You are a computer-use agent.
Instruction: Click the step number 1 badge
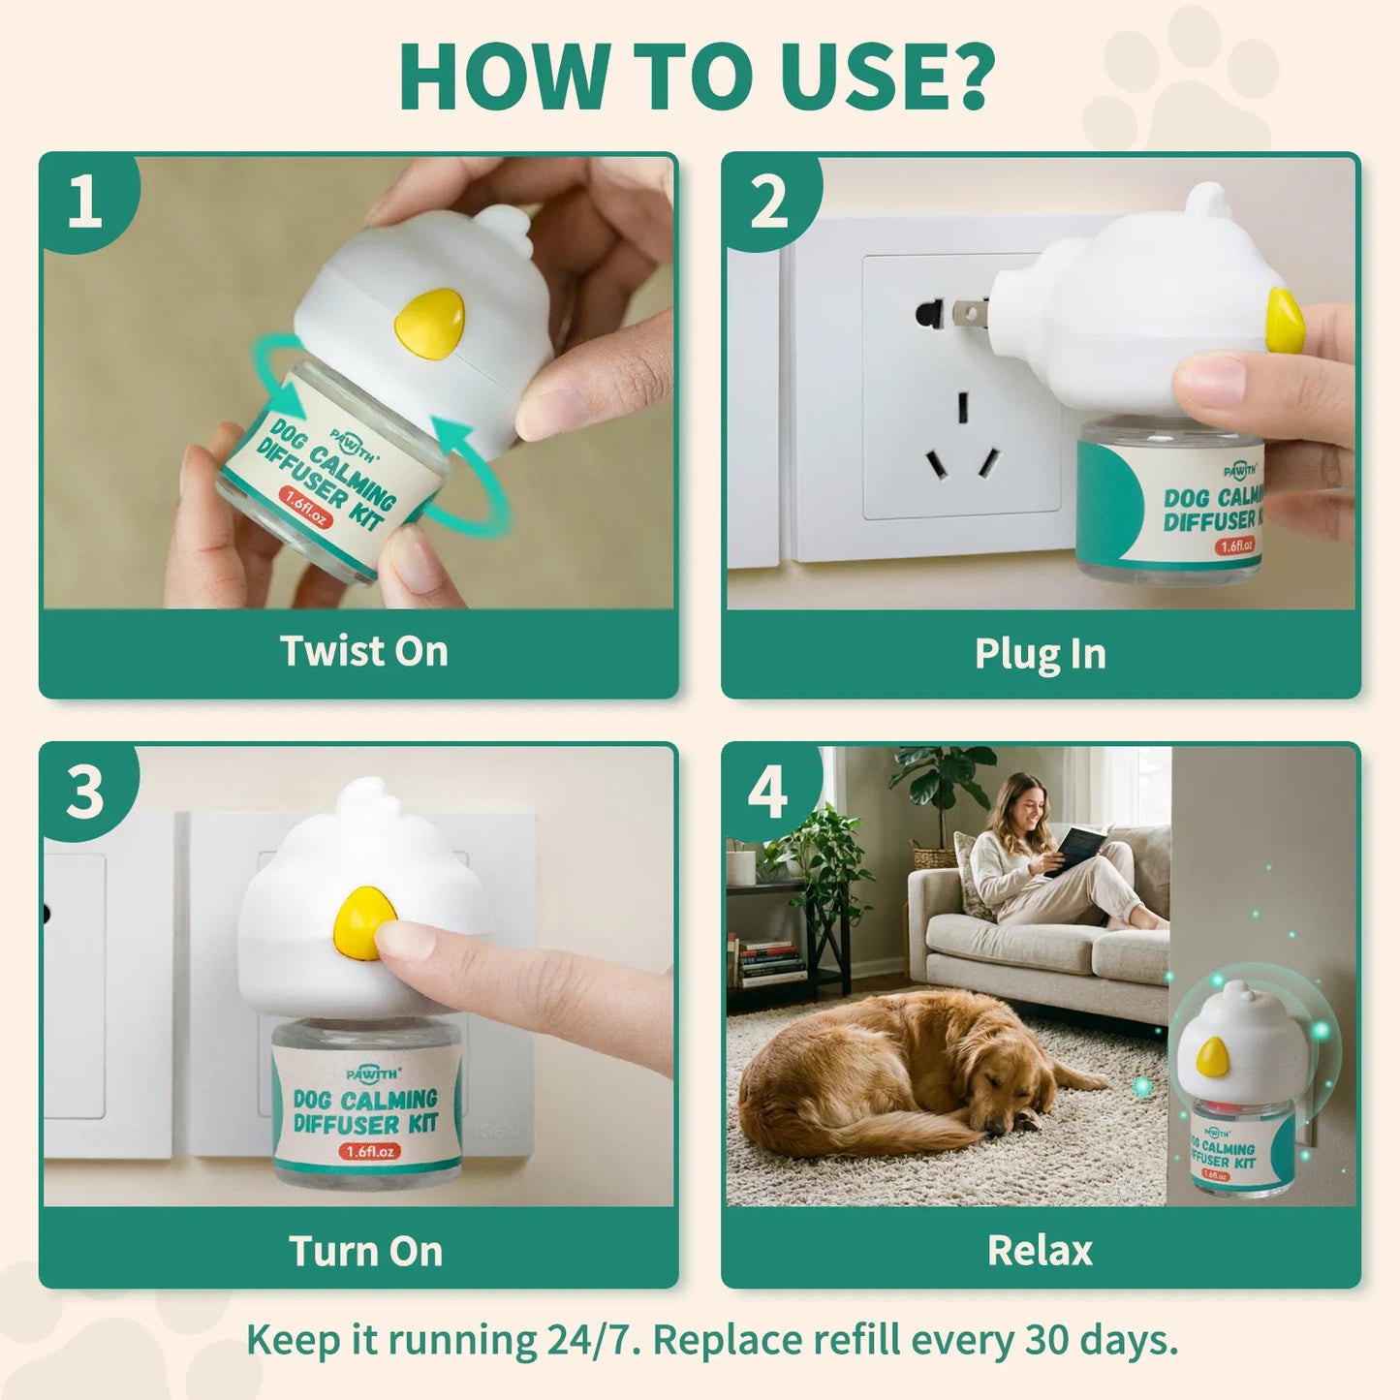[x=85, y=202]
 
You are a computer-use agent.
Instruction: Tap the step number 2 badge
[x=769, y=202]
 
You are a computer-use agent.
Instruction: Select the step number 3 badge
[x=85, y=793]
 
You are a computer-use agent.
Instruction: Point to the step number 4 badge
[x=767, y=793]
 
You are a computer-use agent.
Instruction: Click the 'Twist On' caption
[x=363, y=651]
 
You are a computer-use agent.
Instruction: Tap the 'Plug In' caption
[x=1040, y=654]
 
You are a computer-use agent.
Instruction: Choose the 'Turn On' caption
[x=365, y=1251]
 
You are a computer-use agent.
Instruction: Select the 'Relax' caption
[x=1040, y=1251]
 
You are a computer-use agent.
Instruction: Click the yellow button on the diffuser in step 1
[x=428, y=319]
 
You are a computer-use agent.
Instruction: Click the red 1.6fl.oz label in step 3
[x=370, y=1151]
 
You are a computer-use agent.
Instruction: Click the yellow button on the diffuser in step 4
[x=1212, y=1056]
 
